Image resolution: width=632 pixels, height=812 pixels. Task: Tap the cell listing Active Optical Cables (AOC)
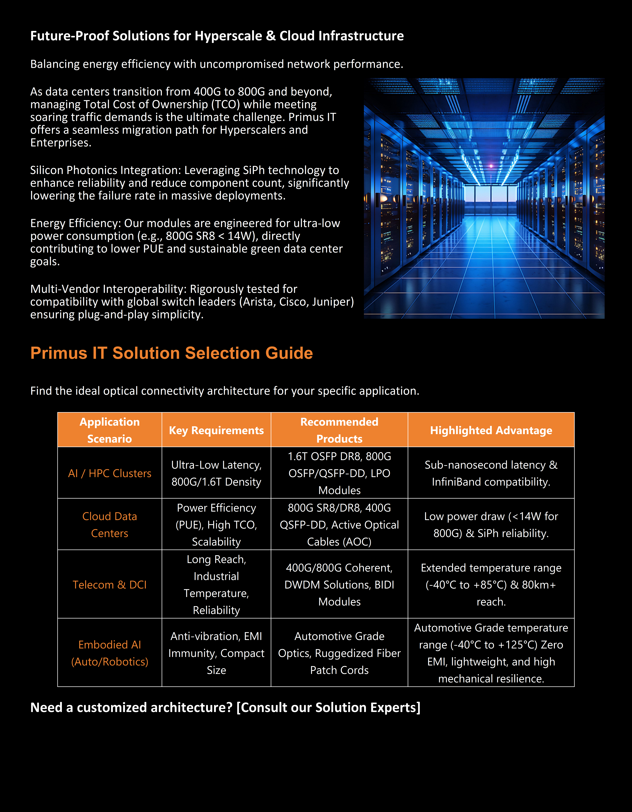[x=339, y=525]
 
